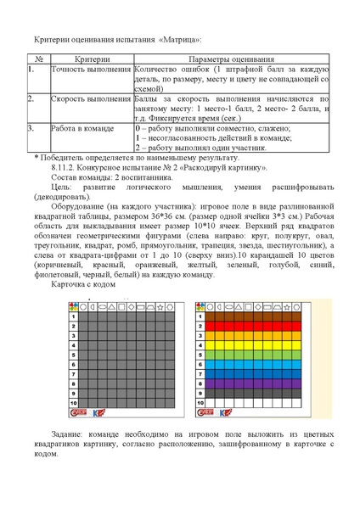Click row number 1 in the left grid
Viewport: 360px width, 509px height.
click(x=74, y=316)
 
